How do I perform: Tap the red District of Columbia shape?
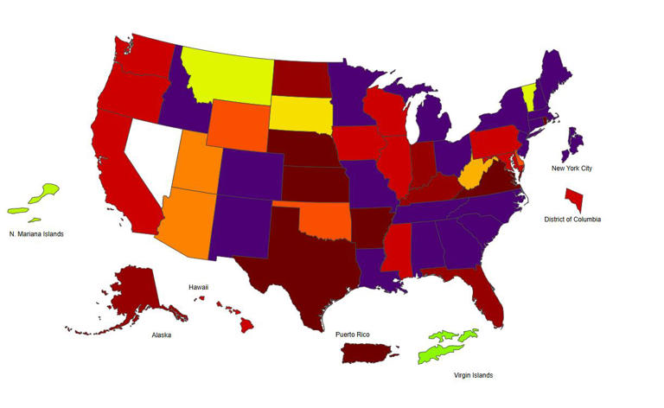(x=575, y=200)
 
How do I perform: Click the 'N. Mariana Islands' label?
(x=36, y=234)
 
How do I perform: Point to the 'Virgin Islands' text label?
(x=473, y=376)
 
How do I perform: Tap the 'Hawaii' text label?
(x=199, y=287)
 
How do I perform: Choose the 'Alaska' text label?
(x=161, y=335)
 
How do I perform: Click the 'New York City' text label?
(x=571, y=168)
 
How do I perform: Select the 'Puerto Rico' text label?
(x=354, y=333)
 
